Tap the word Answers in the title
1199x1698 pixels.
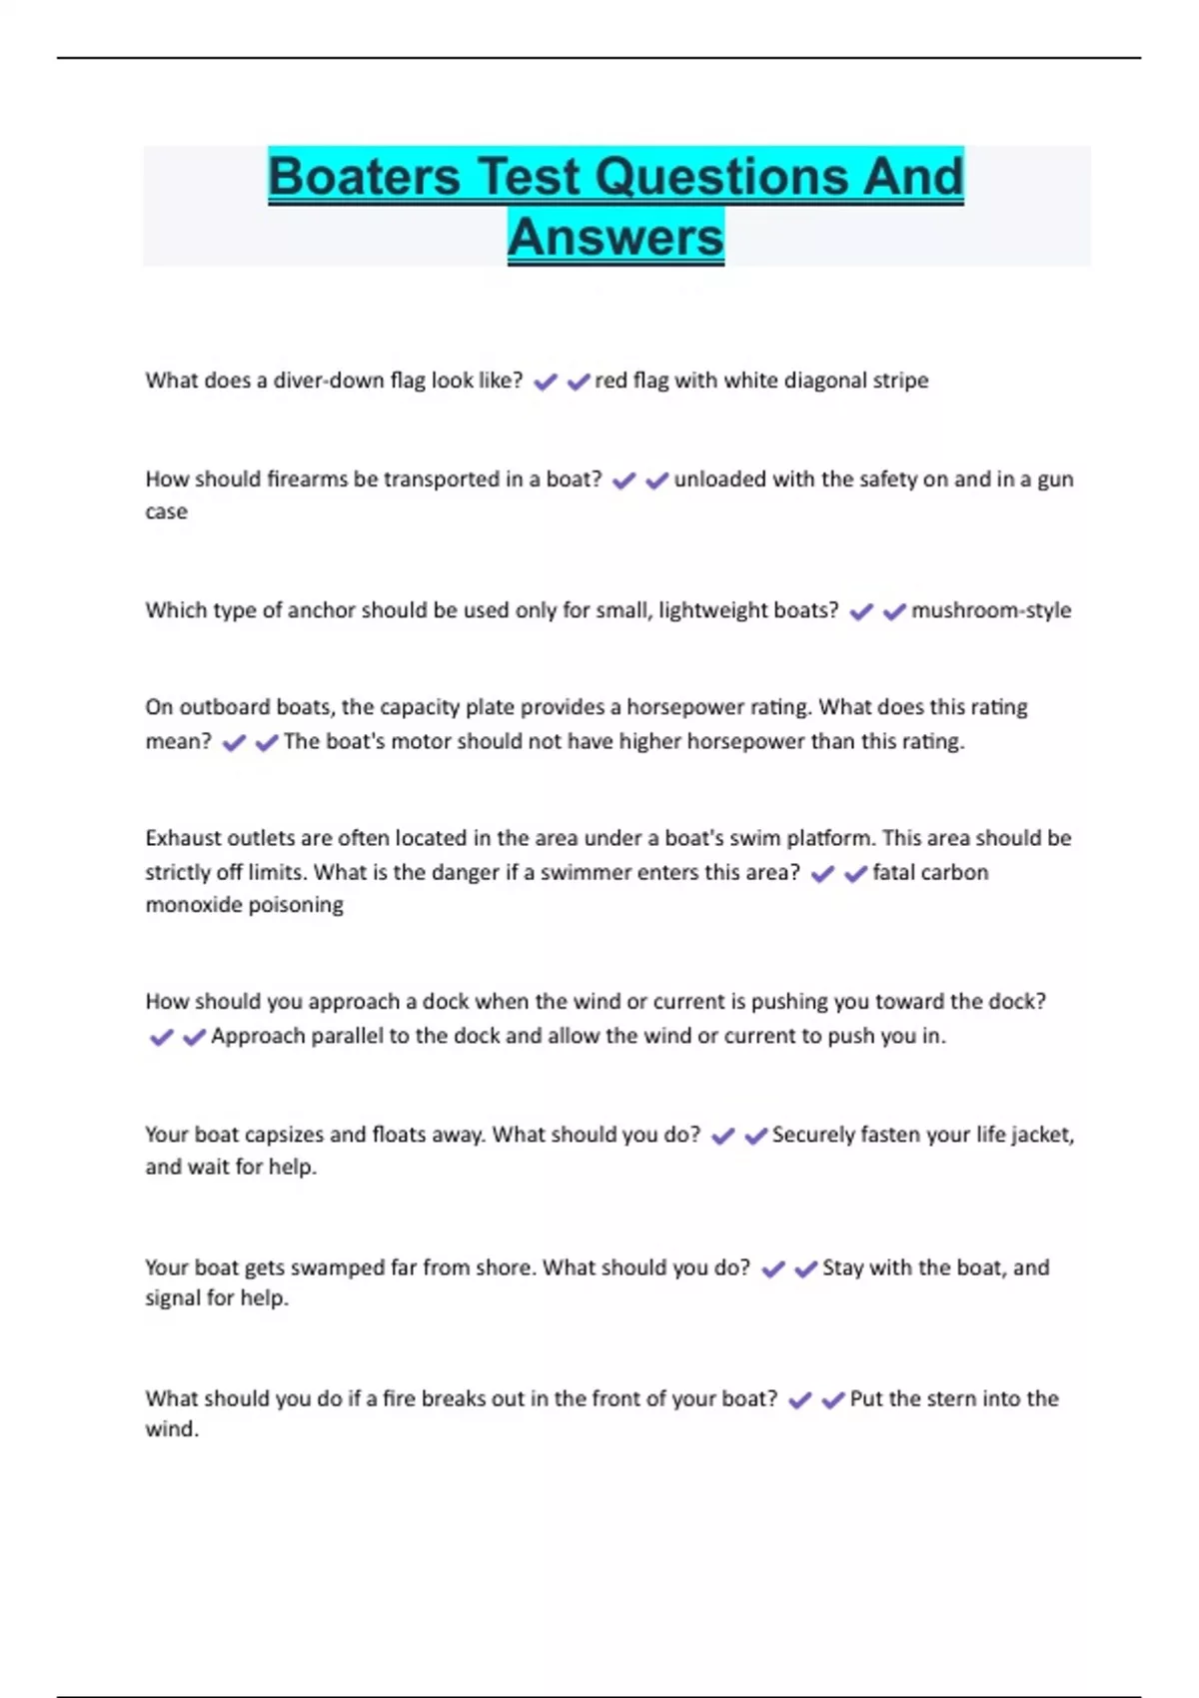point(615,238)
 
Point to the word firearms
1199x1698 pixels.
point(308,479)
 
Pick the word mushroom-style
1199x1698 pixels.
point(990,610)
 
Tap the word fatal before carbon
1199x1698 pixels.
point(894,872)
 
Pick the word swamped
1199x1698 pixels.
point(337,1268)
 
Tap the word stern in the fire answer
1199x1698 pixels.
point(952,1398)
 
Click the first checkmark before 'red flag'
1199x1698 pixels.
point(545,382)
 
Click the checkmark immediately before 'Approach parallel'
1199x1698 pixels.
point(194,1037)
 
